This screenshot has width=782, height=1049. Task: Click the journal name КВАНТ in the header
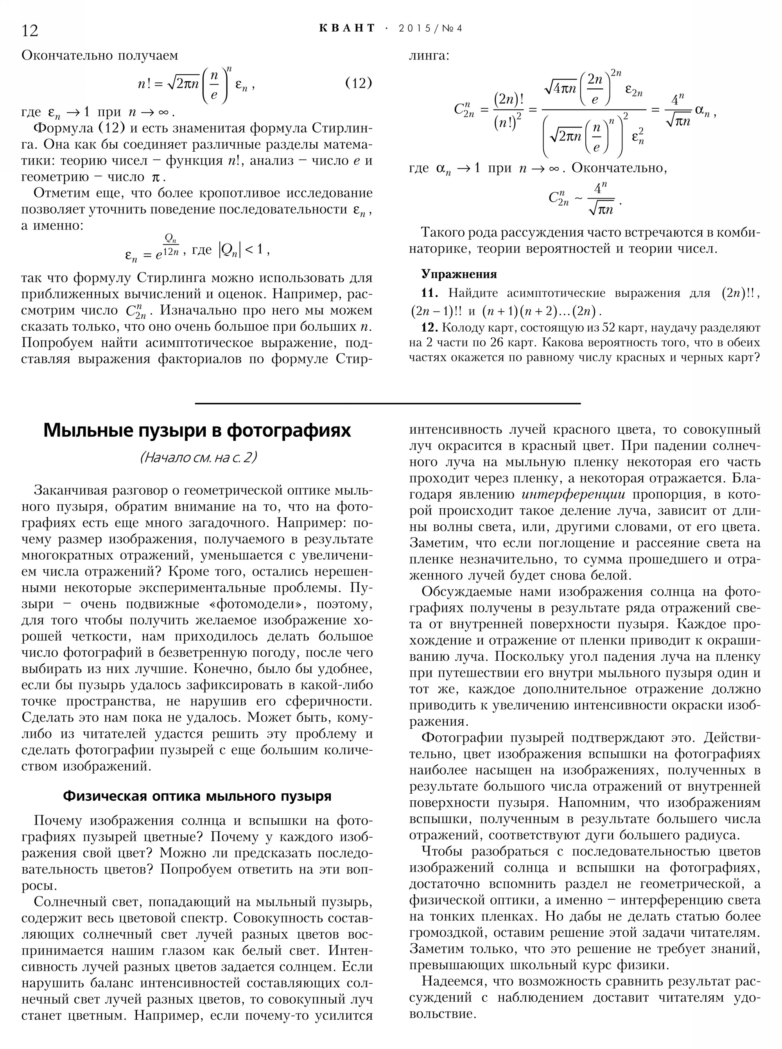point(347,29)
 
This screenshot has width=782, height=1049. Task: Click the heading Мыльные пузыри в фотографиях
point(197,431)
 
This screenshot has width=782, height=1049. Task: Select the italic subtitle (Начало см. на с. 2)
point(198,457)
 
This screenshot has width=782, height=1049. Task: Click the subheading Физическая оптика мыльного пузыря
point(197,796)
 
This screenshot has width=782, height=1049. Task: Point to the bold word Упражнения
point(459,274)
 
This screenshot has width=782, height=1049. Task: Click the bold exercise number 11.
point(429,293)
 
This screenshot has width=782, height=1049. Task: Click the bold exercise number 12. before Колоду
point(430,327)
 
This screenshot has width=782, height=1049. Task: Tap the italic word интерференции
point(573,495)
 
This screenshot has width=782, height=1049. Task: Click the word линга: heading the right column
point(429,56)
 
